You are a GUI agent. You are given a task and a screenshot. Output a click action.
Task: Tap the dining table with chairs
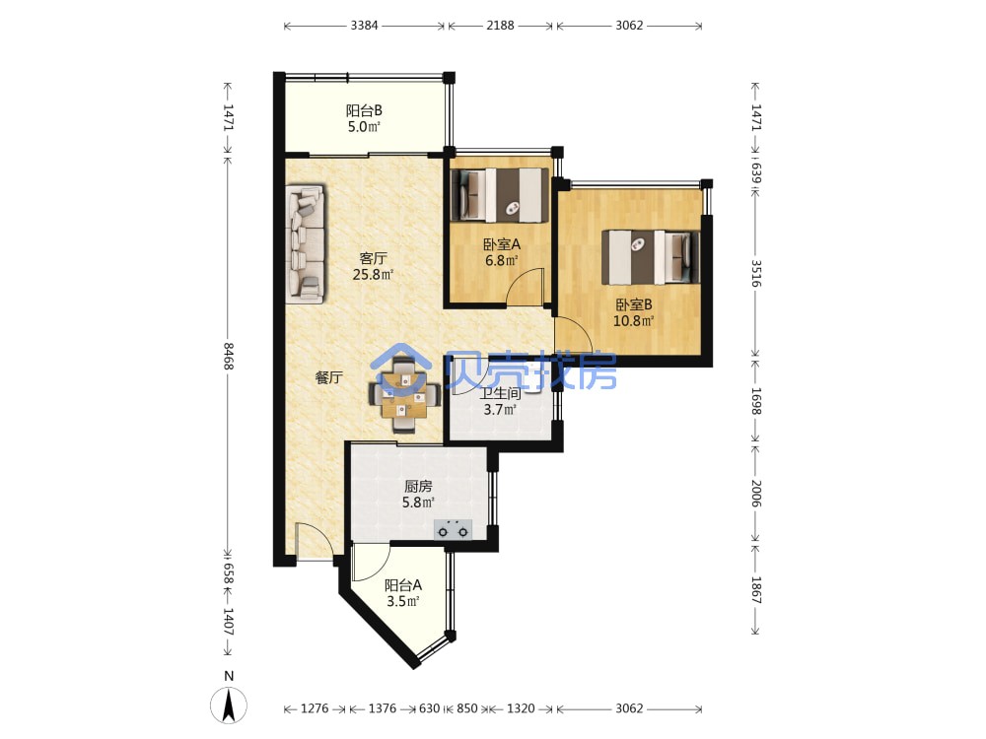(404, 395)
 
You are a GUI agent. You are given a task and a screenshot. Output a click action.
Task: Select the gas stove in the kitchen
(453, 530)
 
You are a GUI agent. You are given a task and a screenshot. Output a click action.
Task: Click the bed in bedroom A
(499, 195)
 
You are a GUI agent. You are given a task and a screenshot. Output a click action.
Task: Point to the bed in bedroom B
(651, 257)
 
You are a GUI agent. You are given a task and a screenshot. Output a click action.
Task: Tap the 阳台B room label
(364, 110)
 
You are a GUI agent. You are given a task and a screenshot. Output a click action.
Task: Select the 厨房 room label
(418, 486)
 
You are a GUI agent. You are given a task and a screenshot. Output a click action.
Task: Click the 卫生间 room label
(501, 394)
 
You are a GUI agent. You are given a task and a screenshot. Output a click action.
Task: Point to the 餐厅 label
(329, 377)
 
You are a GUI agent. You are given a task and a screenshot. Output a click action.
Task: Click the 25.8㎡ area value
(373, 275)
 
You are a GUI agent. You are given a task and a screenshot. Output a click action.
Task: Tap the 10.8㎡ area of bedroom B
(634, 321)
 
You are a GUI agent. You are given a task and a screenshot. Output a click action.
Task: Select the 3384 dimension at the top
(364, 26)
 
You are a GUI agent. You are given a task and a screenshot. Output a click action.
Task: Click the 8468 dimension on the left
(229, 356)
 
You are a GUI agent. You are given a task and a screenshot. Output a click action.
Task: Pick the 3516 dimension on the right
(756, 273)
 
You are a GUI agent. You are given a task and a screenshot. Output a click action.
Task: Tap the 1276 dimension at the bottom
(315, 708)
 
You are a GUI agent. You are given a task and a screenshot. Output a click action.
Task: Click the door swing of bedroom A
(526, 288)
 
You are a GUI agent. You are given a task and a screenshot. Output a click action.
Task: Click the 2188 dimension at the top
(500, 26)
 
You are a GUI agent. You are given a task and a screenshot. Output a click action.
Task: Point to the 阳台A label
(403, 585)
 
